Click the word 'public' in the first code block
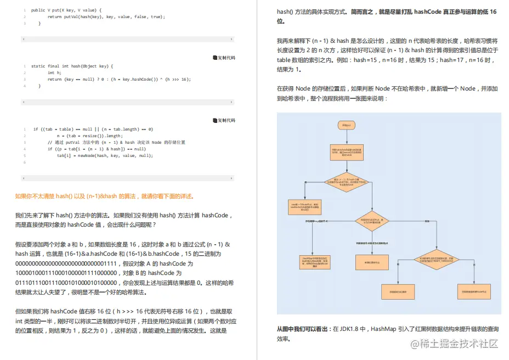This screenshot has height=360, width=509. click(38, 10)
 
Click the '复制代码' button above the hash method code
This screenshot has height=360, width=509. click(224, 58)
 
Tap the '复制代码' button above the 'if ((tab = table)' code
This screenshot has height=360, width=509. click(224, 120)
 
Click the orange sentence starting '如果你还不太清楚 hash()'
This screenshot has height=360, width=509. click(104, 196)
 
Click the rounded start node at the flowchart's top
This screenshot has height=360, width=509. click(346, 125)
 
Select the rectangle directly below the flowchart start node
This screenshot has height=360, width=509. click(346, 151)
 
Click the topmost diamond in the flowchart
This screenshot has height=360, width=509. click(346, 182)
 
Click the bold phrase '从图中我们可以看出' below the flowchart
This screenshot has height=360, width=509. click(303, 329)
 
